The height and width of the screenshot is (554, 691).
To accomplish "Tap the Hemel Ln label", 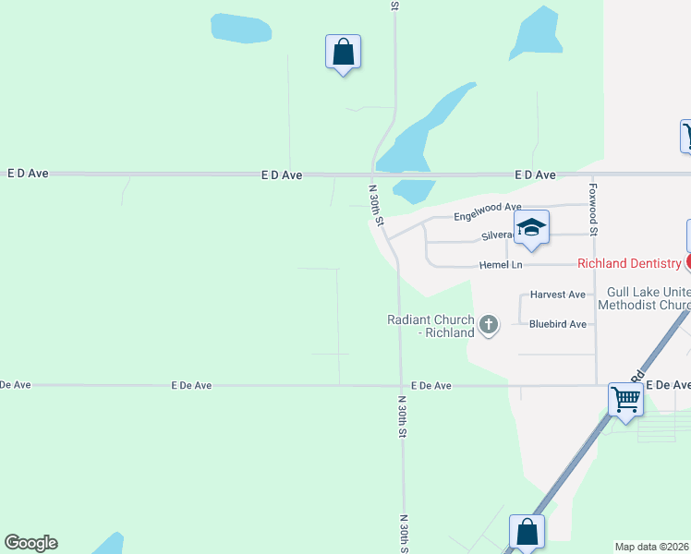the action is tap(501, 265).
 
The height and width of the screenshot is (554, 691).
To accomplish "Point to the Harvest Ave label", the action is tap(558, 295).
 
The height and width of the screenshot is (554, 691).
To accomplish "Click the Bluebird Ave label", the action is tap(558, 324).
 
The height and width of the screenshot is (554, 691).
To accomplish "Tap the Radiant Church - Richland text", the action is tap(430, 326).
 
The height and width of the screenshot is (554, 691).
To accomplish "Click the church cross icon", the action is tap(489, 324).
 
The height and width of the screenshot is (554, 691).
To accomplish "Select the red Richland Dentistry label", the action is tap(629, 263).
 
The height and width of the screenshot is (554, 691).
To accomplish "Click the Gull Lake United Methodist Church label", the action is tap(644, 298).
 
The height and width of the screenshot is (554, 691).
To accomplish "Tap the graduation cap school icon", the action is tap(531, 227).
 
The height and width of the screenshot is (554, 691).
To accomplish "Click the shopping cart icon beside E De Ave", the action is tap(626, 400).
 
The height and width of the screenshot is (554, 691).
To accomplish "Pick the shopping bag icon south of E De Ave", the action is tap(527, 532).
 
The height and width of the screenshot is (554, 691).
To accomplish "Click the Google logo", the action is tap(30, 543).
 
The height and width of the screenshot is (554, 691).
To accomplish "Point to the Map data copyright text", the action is tap(652, 546).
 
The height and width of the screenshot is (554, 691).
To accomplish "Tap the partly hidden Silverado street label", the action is tap(498, 235).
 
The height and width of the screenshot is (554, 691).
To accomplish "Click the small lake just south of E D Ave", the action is tap(414, 190).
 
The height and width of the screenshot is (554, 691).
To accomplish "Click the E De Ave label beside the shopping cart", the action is tap(668, 385).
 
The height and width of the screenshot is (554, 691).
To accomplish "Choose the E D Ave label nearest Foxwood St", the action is tap(536, 175).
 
